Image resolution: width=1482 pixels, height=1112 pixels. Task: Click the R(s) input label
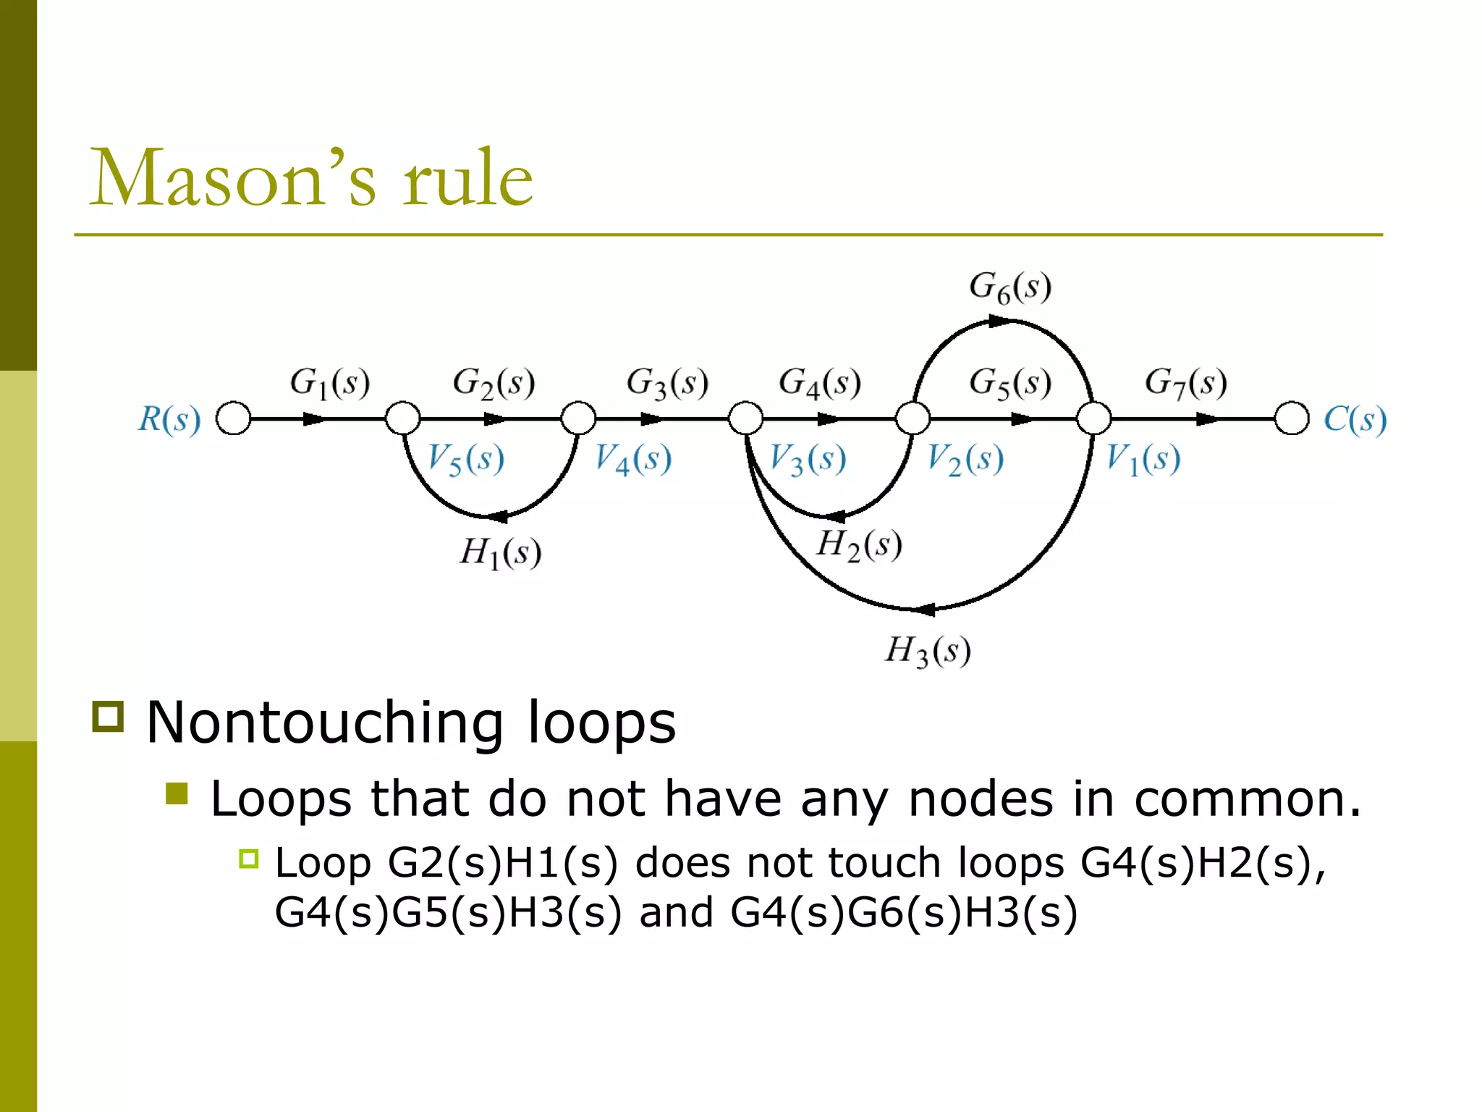[x=169, y=419]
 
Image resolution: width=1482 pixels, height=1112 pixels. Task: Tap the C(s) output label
[x=1355, y=419]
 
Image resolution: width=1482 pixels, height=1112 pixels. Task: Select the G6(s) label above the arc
[x=1010, y=287]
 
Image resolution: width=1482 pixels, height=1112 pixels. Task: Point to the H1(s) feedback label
[x=501, y=554]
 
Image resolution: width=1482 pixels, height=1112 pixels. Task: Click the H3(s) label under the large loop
[x=928, y=651]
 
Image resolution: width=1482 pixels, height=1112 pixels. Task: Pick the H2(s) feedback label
[x=859, y=545]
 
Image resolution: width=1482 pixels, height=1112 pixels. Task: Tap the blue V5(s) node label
[x=465, y=459]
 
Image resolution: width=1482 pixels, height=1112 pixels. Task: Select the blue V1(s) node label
[x=1143, y=459]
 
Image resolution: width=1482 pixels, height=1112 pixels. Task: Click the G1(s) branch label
[x=330, y=383]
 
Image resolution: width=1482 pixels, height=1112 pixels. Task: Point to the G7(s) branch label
[x=1186, y=383]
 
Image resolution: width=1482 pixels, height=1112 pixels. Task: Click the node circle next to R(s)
[x=234, y=418]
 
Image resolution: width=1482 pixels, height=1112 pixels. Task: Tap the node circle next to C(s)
[x=1292, y=418]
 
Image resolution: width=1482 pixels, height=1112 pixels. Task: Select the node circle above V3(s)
[x=745, y=418]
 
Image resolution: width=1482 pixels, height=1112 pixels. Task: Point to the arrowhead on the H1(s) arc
[x=498, y=517]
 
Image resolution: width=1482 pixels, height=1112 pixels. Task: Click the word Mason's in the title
[x=233, y=178]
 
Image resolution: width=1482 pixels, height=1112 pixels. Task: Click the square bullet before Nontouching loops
[x=109, y=716]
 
